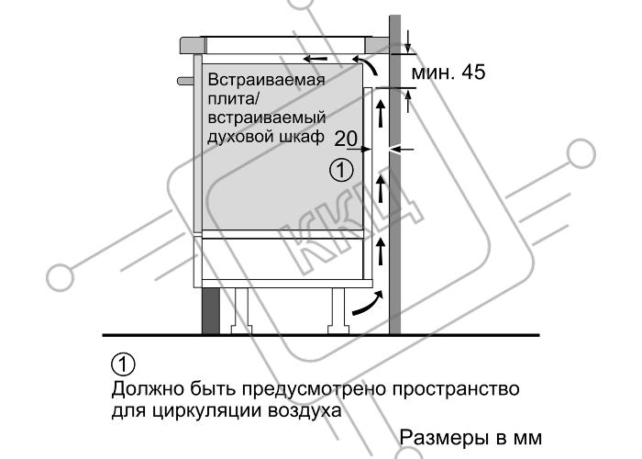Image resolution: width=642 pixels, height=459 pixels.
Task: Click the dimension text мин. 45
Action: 448,73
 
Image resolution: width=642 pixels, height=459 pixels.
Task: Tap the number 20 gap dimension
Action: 346,139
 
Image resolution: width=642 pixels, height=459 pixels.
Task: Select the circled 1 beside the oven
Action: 341,171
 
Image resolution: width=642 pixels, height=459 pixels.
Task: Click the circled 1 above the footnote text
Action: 123,364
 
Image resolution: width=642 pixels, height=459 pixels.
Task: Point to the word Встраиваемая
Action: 266,80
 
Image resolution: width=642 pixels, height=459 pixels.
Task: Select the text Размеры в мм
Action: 470,437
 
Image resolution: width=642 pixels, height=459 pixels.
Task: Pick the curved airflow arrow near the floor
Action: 369,304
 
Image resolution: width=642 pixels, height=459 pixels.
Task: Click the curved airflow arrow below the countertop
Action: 367,65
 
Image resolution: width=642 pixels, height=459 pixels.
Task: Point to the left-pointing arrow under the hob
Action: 315,59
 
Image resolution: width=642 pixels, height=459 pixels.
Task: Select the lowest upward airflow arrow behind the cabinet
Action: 381,252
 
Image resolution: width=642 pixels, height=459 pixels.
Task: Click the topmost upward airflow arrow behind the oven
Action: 381,114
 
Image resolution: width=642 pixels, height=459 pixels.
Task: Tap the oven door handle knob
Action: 185,81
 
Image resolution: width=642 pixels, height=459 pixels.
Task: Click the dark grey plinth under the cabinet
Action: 211,310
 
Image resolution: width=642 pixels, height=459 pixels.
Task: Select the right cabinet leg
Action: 338,310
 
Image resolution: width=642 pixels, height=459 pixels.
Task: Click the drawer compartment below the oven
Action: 282,257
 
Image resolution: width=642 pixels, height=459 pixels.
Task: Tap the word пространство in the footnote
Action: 456,388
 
